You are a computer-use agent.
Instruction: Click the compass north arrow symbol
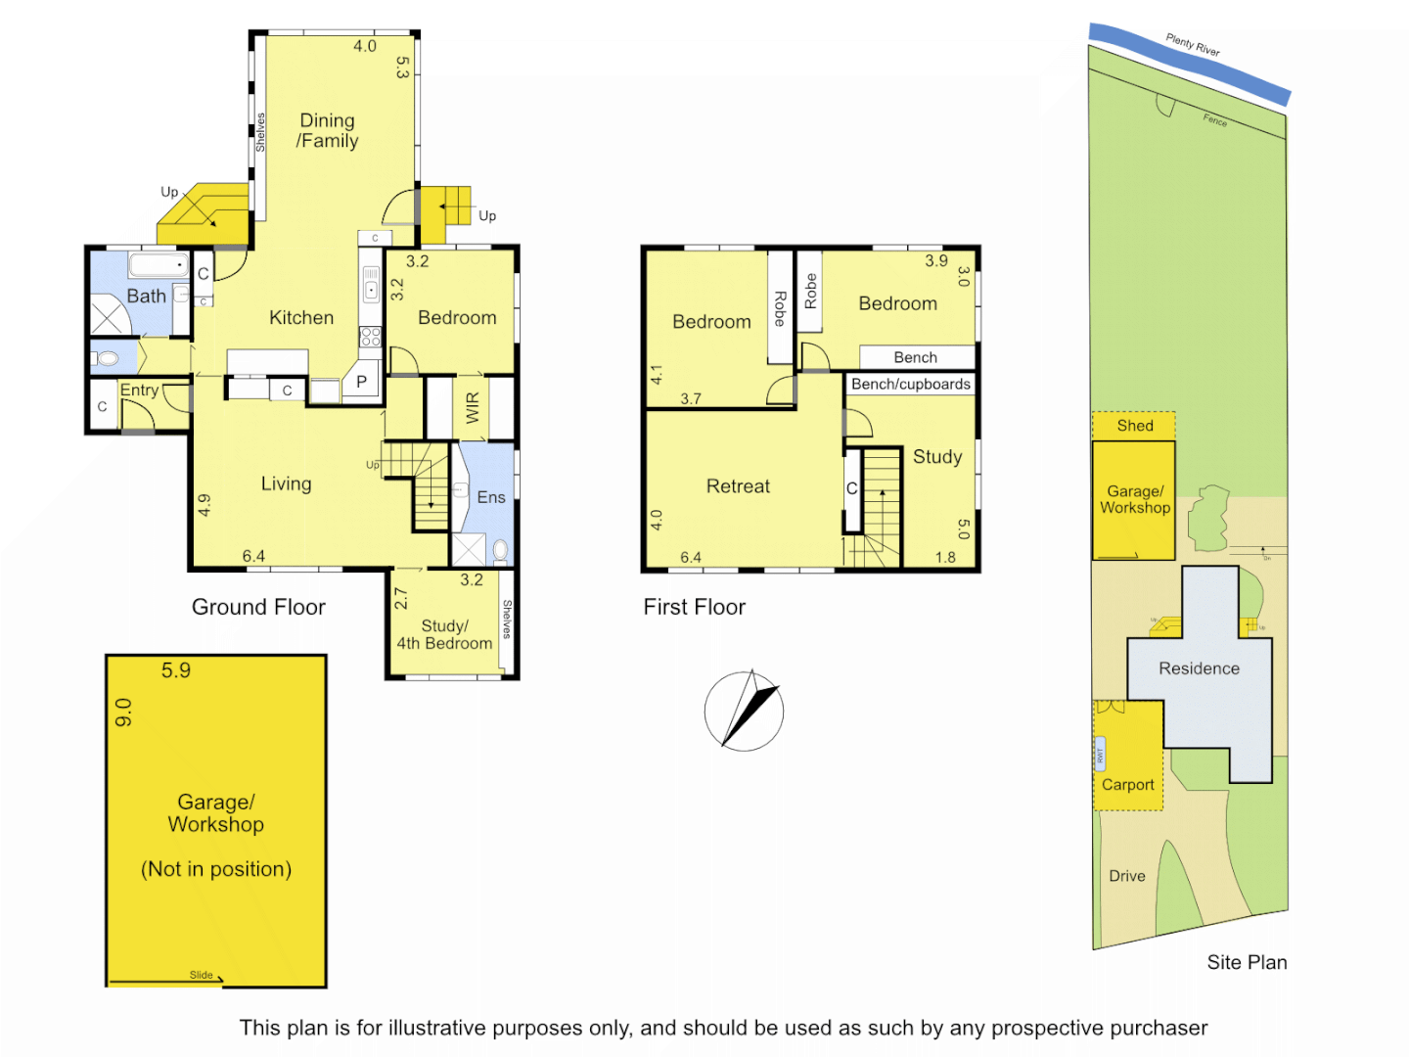tap(745, 712)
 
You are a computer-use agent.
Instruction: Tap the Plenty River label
tap(1193, 45)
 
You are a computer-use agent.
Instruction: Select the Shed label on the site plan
tap(1135, 426)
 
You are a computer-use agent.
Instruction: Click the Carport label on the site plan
tap(1128, 785)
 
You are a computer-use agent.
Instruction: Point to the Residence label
tap(1199, 668)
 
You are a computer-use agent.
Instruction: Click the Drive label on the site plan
tap(1127, 876)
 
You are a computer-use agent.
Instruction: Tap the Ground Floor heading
tap(258, 607)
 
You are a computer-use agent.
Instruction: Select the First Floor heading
tap(695, 607)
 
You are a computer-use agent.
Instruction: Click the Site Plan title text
tap(1247, 962)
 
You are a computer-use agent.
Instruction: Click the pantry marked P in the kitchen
tap(361, 382)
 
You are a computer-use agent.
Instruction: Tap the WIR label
tap(473, 407)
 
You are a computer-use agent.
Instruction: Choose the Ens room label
tap(491, 497)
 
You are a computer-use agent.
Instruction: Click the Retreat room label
tap(738, 486)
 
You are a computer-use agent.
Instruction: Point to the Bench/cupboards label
tap(911, 385)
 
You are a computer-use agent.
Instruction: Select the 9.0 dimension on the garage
tap(123, 712)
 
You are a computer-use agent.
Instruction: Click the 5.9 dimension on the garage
tap(176, 670)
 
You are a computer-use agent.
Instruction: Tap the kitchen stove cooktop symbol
tap(370, 337)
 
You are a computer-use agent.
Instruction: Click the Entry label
tap(139, 391)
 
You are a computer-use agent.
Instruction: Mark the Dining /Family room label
tap(328, 130)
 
